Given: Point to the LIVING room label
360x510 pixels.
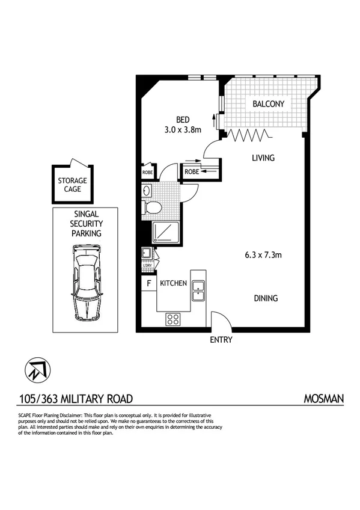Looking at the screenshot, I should pos(263,158).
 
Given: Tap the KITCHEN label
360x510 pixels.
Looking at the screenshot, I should pos(173,283).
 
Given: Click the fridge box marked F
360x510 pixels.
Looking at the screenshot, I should pos(148,283).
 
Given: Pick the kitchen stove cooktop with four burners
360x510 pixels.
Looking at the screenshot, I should pos(174,319).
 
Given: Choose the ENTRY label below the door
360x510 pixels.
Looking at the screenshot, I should pos(221,340).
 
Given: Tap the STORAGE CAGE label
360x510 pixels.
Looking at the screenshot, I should pos(72,185).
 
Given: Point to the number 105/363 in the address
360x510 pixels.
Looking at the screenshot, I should pos(37,398).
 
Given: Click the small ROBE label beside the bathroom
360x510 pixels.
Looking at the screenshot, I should pos(147,173).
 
